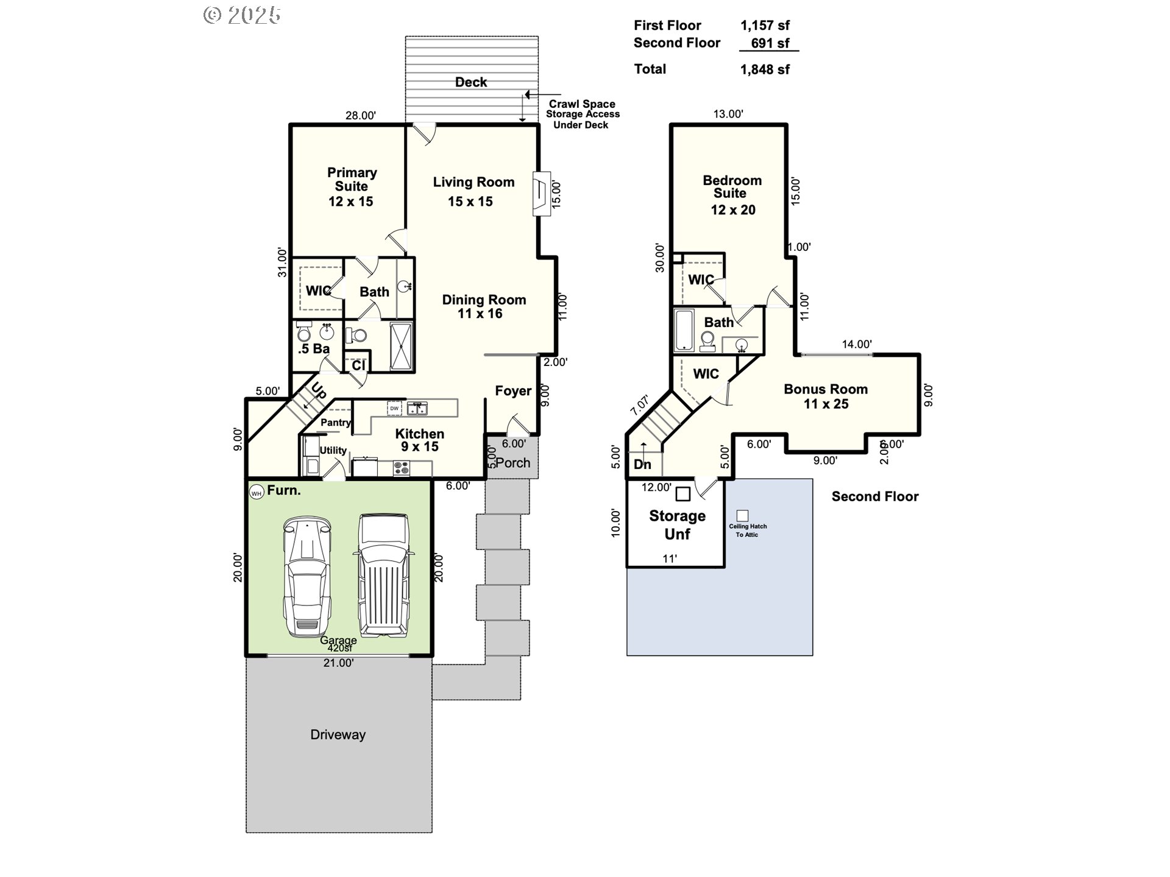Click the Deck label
tap(470, 82)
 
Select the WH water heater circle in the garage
tap(257, 493)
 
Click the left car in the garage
tap(308, 576)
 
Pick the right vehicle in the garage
tap(383, 574)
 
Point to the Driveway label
tap(338, 734)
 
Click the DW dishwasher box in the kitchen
tap(394, 408)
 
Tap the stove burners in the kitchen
tap(401, 468)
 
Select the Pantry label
tap(336, 422)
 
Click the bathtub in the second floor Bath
tap(684, 330)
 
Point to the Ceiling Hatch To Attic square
tap(742, 516)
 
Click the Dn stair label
tap(642, 464)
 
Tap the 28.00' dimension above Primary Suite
tap(360, 115)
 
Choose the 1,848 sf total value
tap(765, 69)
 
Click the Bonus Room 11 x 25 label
tap(826, 396)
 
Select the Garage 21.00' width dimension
tap(338, 663)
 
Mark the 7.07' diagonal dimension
tap(640, 405)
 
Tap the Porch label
tap(512, 463)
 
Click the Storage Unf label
tap(677, 524)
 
